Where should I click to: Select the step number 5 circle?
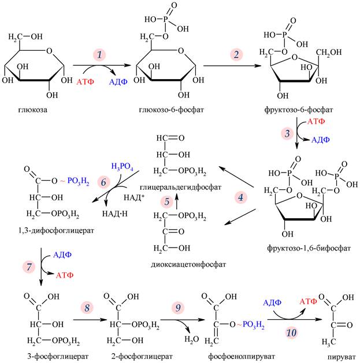167,201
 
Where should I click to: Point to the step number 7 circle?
27,267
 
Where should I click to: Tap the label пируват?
333,358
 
